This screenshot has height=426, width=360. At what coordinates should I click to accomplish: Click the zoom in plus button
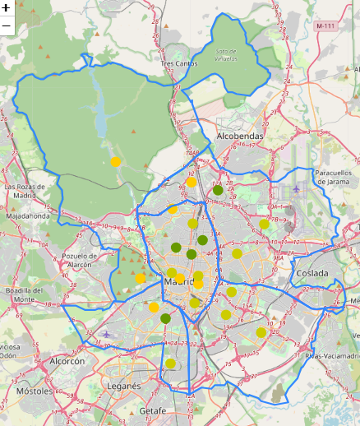[7, 8]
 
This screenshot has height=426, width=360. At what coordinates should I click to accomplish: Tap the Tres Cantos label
[179, 63]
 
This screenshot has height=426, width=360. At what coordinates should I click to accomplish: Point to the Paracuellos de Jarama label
[333, 178]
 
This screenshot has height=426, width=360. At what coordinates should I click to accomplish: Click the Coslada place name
[312, 273]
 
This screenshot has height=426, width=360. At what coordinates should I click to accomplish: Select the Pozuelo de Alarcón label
[79, 260]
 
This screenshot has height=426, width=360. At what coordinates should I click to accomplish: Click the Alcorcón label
[67, 361]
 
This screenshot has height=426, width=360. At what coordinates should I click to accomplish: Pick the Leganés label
[123, 385]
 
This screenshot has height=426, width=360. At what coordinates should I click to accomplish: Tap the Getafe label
[152, 410]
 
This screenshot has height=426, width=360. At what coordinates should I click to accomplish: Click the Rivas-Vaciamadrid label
[332, 356]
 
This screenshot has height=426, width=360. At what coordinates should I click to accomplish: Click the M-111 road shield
[325, 26]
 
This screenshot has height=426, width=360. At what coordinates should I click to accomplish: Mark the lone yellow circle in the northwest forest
[116, 162]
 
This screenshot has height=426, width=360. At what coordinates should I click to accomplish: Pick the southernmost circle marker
[170, 363]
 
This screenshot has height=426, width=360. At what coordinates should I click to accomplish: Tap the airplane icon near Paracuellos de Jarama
[296, 189]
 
